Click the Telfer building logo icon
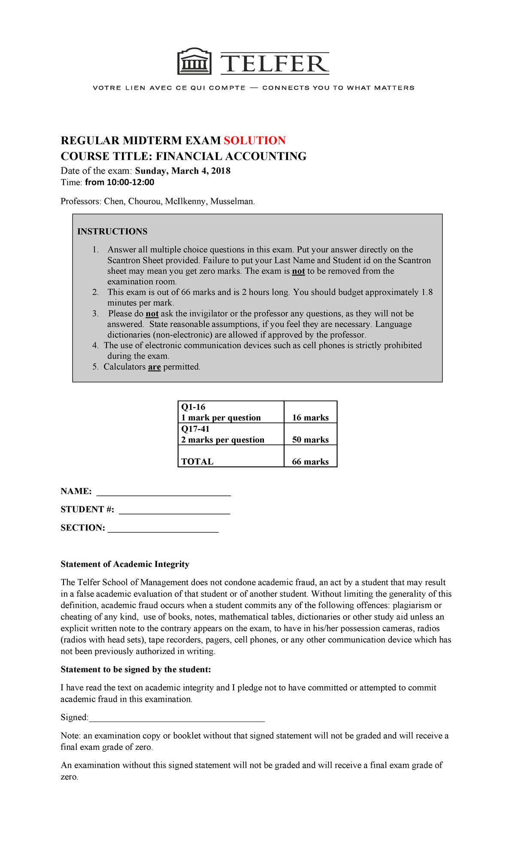click(194, 62)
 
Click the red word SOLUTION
click(254, 141)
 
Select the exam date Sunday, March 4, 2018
click(182, 171)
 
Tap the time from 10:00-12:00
click(119, 182)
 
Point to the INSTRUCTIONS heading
click(112, 232)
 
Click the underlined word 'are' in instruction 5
click(154, 367)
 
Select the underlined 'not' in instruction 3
click(152, 314)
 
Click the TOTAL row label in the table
click(197, 462)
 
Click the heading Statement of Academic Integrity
click(125, 564)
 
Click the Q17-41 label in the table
click(195, 429)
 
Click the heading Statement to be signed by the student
click(136, 669)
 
